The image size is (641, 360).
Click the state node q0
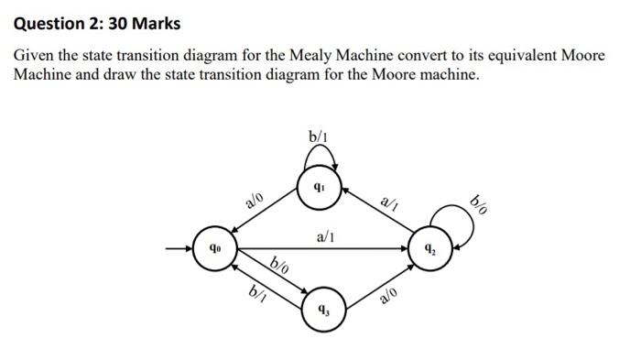(213, 247)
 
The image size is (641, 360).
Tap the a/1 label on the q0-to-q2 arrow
(325, 236)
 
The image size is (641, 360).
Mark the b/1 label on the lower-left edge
(257, 293)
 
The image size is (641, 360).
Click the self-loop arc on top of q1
(320, 158)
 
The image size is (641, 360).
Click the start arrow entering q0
(179, 247)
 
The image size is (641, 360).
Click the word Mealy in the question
(312, 56)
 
